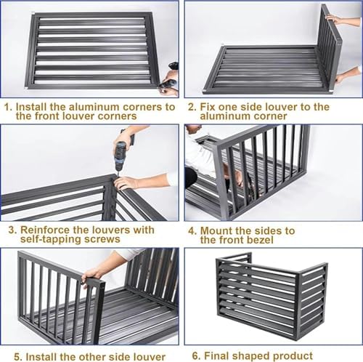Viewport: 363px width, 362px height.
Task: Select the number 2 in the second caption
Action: [191, 106]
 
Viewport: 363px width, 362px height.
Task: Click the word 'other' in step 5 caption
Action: [93, 355]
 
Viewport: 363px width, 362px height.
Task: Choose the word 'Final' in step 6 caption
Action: [221, 355]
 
